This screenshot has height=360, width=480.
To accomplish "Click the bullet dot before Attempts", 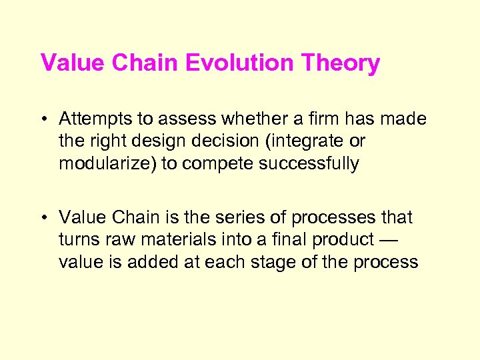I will click(44, 119).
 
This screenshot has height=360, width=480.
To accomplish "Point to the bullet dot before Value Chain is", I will click(44, 218).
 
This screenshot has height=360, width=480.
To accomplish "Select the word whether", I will click(258, 119).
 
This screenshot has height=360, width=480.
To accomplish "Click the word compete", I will click(209, 164).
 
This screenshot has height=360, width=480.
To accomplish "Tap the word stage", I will click(281, 262).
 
